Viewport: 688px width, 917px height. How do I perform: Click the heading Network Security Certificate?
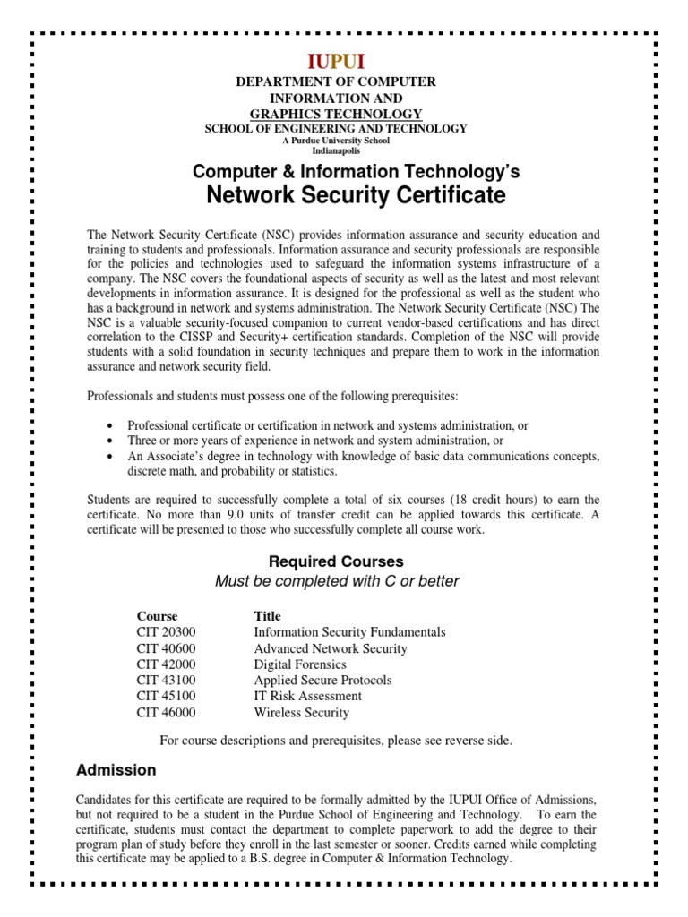[357, 195]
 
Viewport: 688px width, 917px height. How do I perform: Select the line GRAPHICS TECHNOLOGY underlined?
[335, 113]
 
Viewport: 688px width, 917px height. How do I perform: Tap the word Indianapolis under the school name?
[335, 150]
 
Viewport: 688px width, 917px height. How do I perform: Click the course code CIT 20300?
[166, 632]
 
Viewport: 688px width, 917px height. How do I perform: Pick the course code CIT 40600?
[166, 648]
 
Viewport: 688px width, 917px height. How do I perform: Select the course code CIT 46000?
[166, 713]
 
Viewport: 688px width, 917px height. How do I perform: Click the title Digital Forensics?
[300, 664]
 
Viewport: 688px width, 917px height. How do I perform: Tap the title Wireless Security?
[302, 713]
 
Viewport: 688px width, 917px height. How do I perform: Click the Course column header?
[157, 616]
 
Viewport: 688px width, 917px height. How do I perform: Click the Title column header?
[267, 616]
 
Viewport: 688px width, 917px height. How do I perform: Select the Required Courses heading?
[336, 561]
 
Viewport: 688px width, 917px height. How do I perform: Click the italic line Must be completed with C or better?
[337, 581]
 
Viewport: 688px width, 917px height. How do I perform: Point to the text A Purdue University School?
[336, 140]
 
